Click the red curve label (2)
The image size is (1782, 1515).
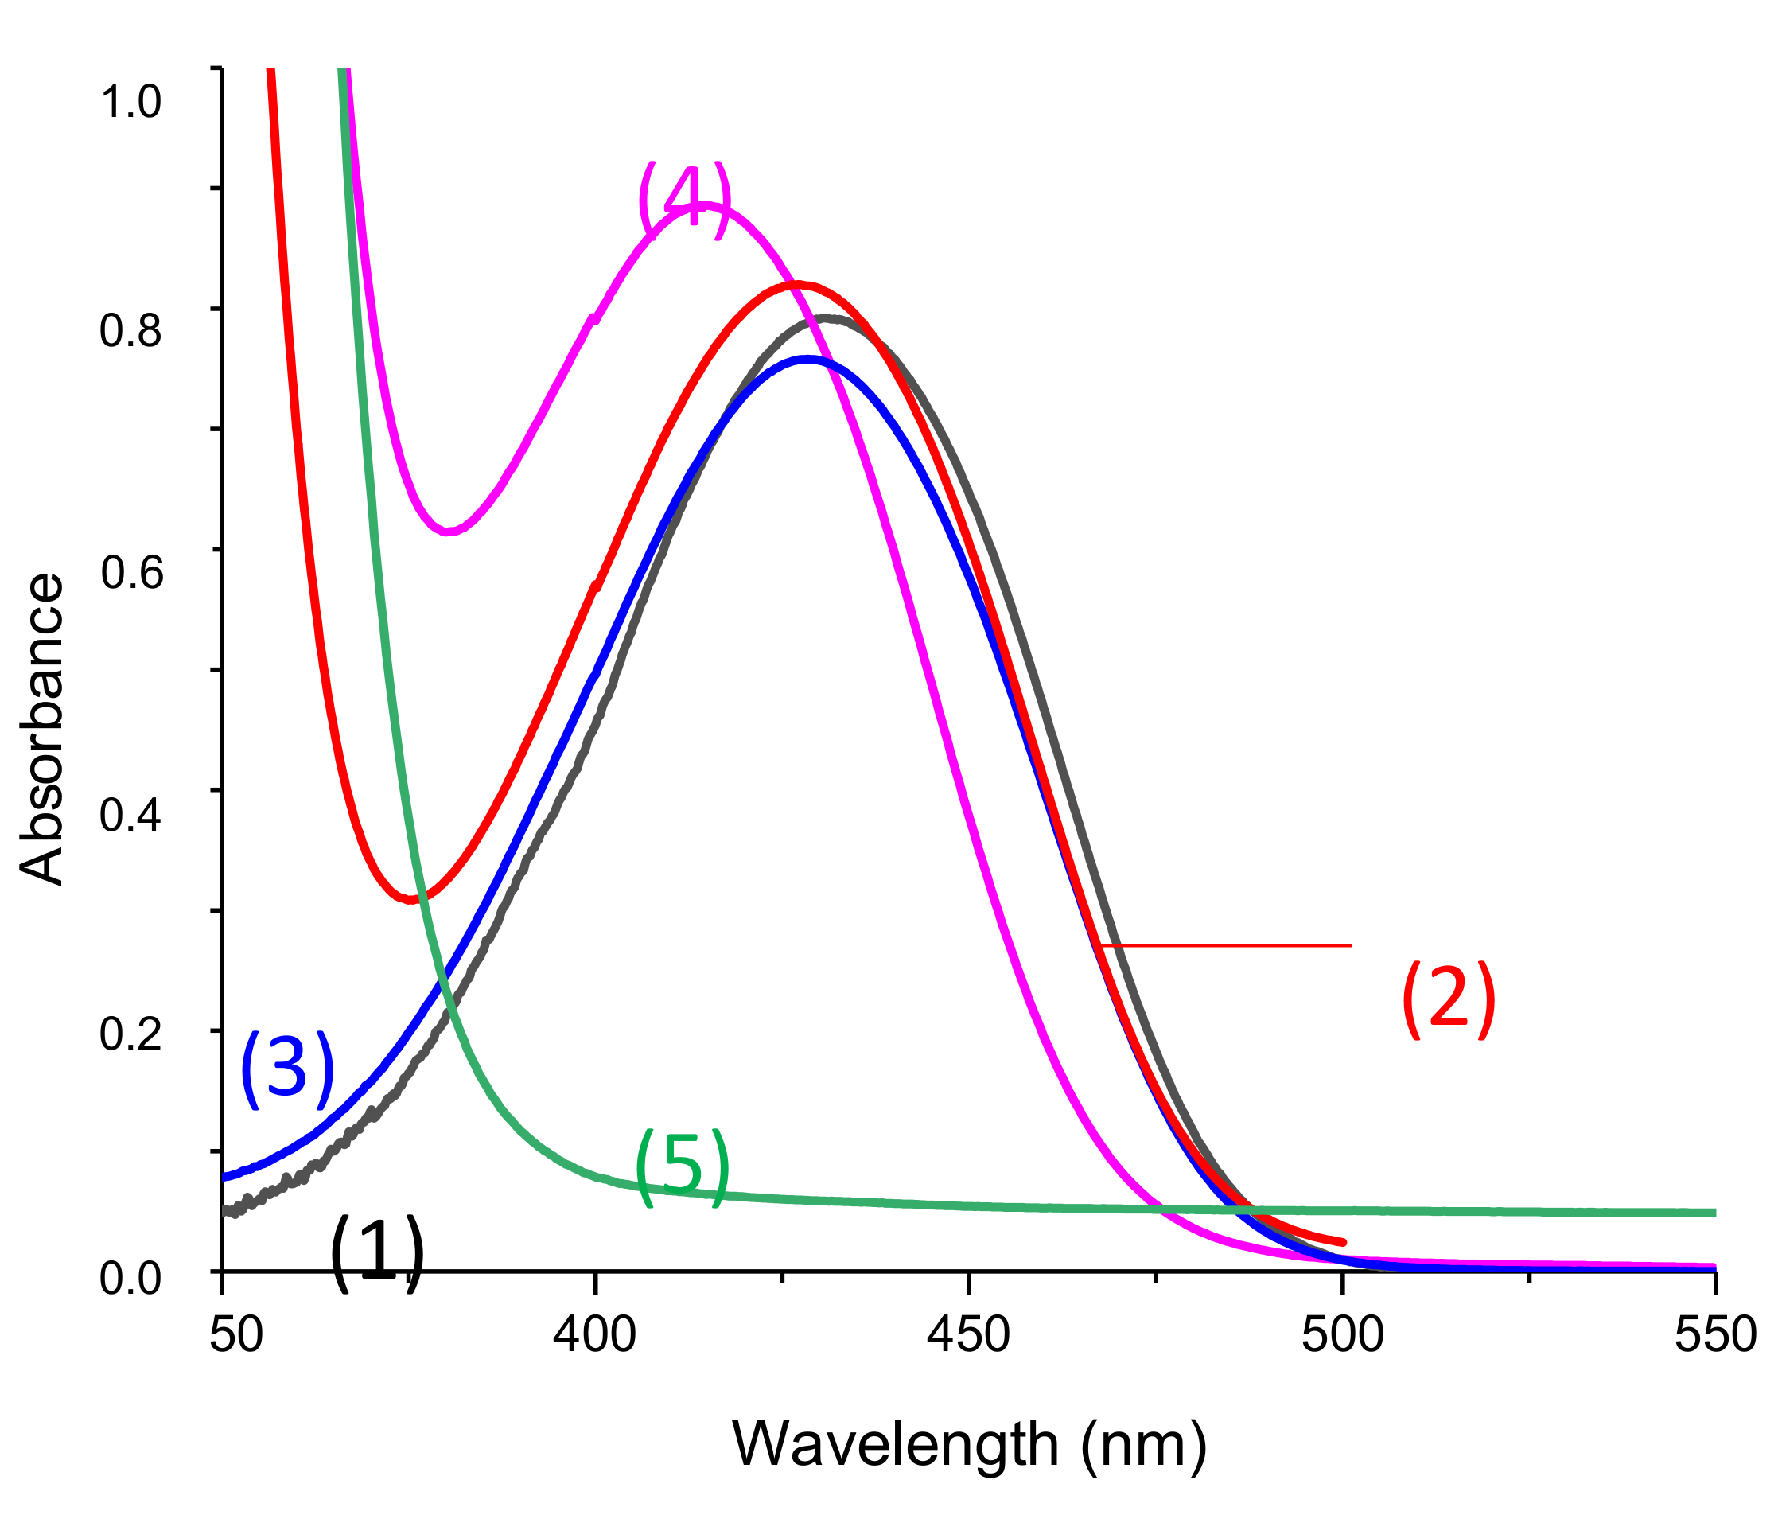(x=1447, y=1000)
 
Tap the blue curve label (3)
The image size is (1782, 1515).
(x=286, y=1070)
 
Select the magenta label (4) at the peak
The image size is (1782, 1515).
(x=683, y=199)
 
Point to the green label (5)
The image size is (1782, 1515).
(x=682, y=1167)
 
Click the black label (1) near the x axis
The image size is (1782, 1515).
(x=377, y=1253)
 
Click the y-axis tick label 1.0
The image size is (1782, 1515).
(x=130, y=101)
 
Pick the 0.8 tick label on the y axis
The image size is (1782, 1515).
(x=130, y=329)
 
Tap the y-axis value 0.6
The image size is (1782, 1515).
(x=130, y=572)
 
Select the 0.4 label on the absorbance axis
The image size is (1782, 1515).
(x=130, y=813)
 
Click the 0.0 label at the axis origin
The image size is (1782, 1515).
(x=130, y=1278)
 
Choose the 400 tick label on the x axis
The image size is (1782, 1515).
(x=594, y=1334)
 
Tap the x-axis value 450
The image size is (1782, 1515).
(x=968, y=1334)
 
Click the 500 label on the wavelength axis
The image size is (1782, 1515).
(x=1341, y=1334)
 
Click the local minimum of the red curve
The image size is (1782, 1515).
(x=413, y=899)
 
